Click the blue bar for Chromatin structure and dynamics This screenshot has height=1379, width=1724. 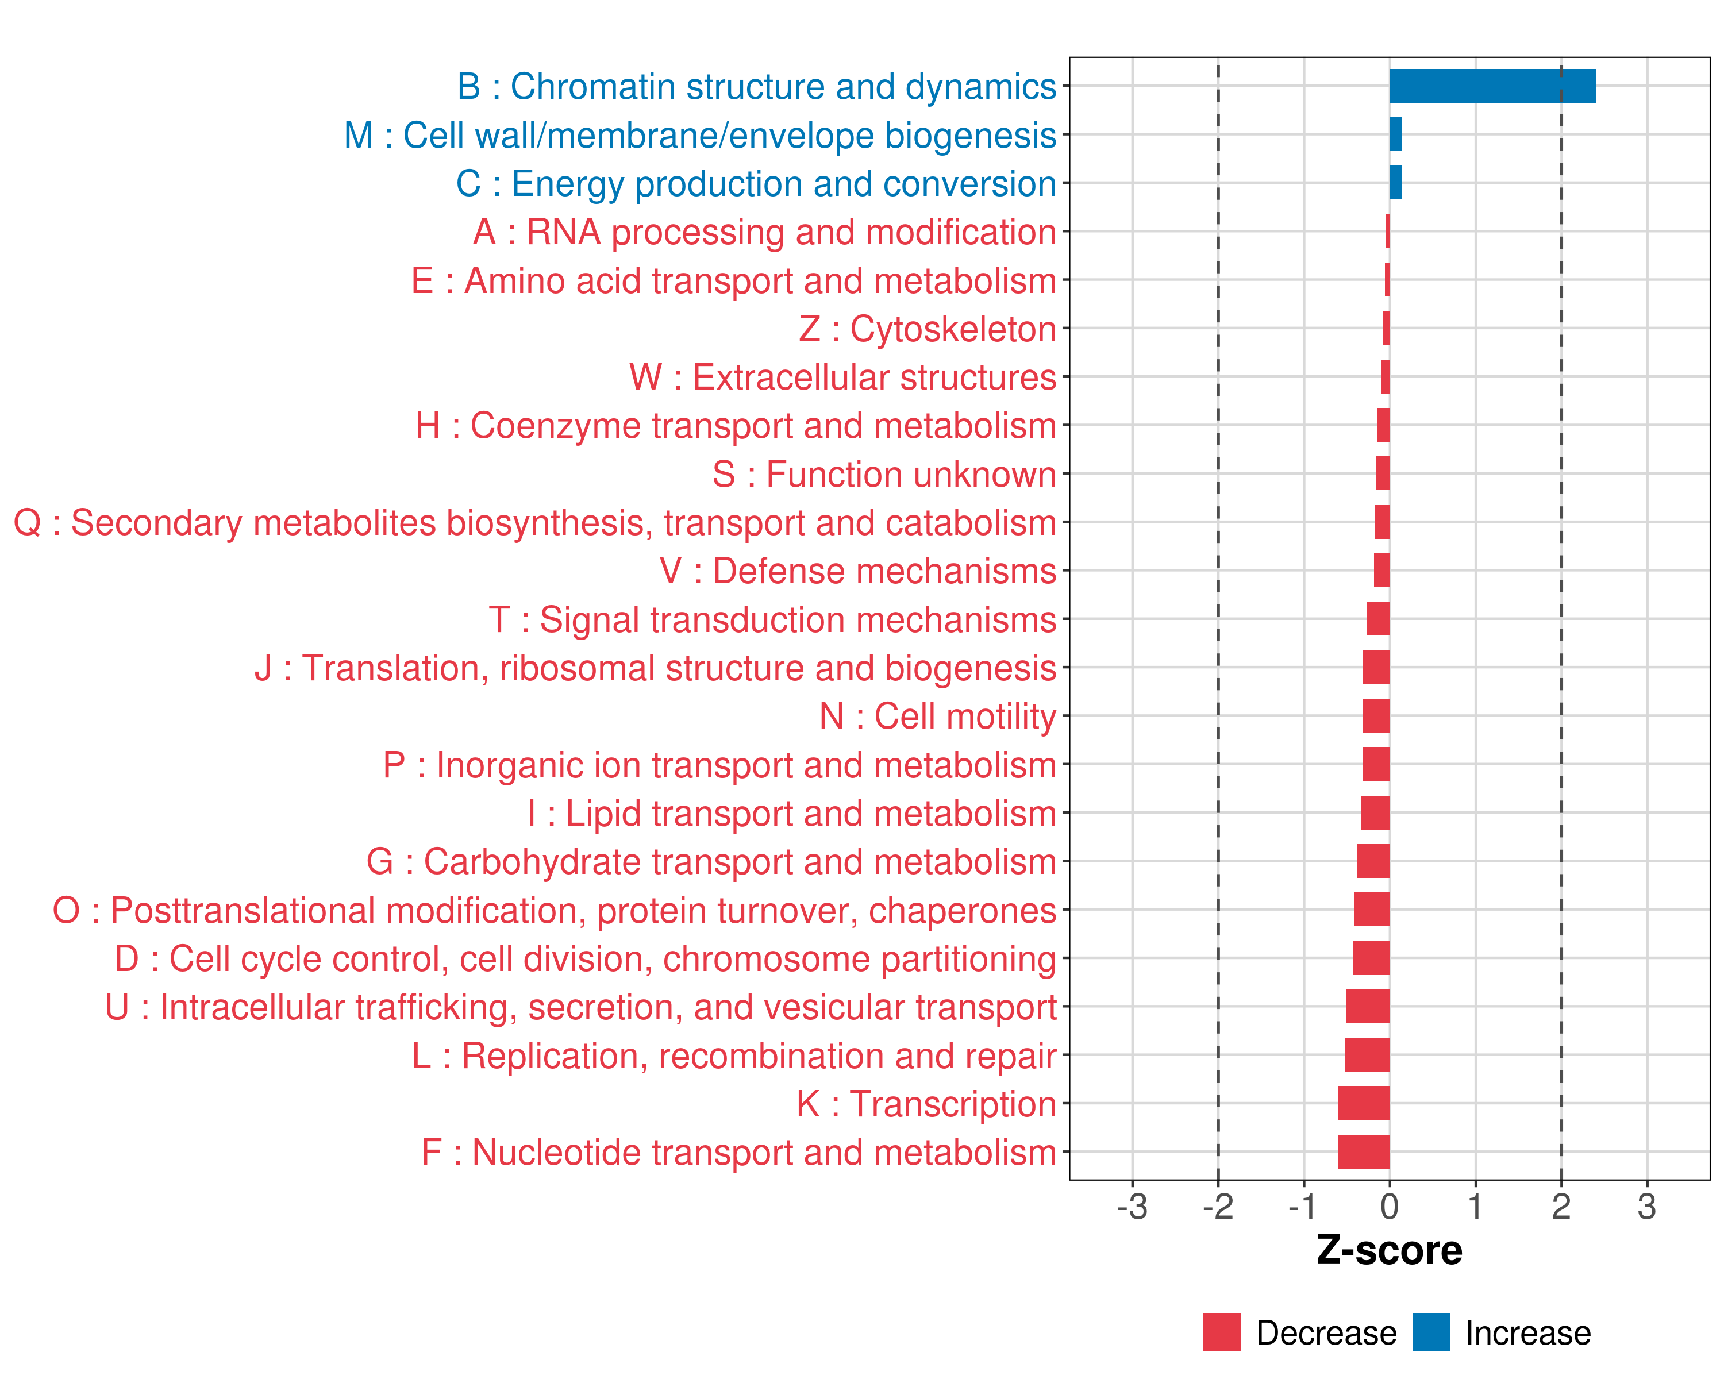(1492, 86)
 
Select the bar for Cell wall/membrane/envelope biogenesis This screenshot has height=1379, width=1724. (1395, 134)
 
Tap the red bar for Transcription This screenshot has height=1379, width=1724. (1363, 1103)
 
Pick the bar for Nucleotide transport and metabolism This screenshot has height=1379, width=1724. (1363, 1152)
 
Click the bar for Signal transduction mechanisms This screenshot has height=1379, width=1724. (1377, 619)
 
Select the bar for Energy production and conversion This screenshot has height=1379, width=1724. (1395, 183)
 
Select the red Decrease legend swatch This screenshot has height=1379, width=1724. (1221, 1332)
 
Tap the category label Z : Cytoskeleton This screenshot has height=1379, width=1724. (928, 329)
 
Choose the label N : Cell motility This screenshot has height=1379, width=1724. (938, 717)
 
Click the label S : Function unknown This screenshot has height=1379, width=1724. (884, 475)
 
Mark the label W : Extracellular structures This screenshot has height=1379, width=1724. (843, 378)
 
